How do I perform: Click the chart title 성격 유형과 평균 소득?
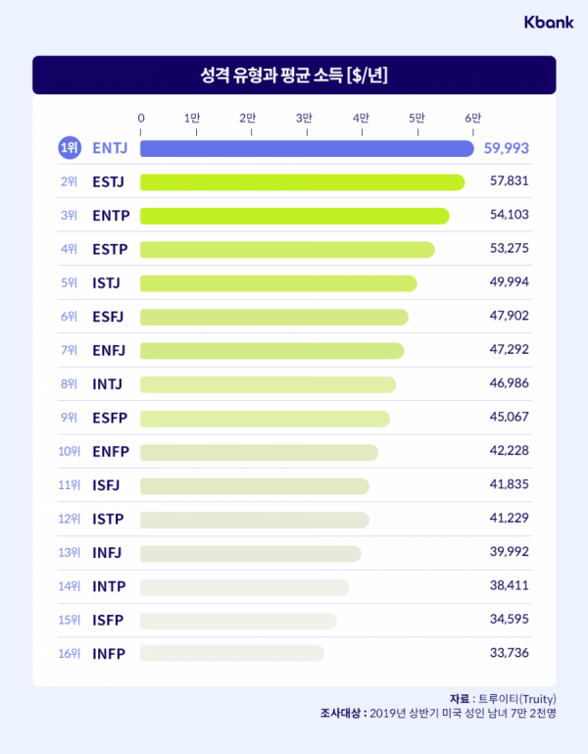(x=294, y=75)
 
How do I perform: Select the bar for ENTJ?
(x=307, y=148)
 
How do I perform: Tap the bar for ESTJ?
(x=302, y=182)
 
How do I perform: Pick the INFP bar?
(x=231, y=653)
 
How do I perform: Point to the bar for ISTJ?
(x=278, y=283)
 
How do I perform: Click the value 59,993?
(x=507, y=148)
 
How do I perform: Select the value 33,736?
(x=510, y=653)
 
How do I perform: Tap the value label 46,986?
(x=510, y=384)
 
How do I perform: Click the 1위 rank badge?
(x=69, y=148)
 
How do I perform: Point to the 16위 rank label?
(x=69, y=653)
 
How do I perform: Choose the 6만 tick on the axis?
(x=473, y=118)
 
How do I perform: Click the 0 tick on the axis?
(x=141, y=118)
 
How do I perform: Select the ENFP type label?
(x=111, y=452)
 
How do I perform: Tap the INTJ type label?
(x=108, y=384)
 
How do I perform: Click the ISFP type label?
(x=108, y=620)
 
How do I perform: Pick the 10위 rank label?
(x=69, y=452)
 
